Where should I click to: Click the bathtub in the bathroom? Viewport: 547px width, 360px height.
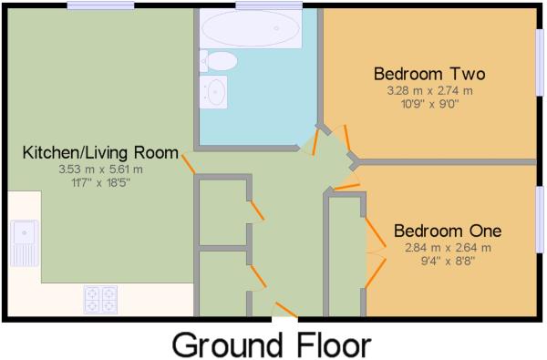250,29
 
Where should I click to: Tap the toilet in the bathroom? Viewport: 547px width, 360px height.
220,60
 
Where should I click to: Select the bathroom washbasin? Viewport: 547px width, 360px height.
216,91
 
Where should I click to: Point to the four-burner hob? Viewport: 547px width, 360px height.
100,297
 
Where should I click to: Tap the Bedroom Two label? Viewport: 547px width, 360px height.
428,74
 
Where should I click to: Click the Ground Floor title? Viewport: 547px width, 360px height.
272,345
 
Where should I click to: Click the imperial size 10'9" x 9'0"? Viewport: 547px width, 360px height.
428,104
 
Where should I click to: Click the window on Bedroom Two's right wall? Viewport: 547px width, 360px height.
540,61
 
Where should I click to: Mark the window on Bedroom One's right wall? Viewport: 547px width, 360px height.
540,219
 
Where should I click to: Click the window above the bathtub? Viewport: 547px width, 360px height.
268,5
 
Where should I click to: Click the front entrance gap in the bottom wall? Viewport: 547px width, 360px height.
284,318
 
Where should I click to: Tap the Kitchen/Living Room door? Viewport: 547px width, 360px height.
188,164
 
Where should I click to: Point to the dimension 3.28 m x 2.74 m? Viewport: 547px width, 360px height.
428,90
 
